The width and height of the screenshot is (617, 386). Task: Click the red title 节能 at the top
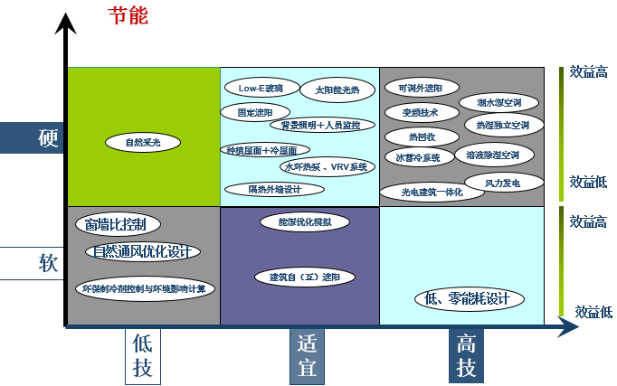coord(128,15)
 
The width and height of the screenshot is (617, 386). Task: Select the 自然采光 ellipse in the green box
coord(142,142)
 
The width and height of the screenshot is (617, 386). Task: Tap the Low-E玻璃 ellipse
coord(261,89)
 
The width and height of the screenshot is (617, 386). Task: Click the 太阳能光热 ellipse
coord(337,90)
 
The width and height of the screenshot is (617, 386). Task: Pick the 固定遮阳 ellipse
coord(255,113)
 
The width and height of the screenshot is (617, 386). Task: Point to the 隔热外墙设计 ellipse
coord(274,190)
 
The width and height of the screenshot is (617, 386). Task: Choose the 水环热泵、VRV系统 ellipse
coord(327,167)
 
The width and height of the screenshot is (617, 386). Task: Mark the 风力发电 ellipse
coord(503,184)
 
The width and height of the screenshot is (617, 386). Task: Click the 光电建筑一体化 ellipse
coord(433,192)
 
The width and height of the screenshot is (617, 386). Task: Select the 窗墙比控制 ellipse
coord(121,223)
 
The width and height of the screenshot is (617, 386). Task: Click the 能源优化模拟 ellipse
coord(304,221)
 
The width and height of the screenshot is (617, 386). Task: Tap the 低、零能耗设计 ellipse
coord(468,298)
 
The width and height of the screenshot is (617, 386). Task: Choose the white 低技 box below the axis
coord(142,355)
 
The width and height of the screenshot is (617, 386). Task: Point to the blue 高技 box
coord(466,355)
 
